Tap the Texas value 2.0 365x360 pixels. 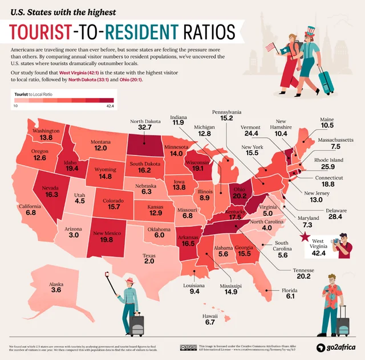coord(149,261)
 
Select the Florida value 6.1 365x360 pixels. coord(290,297)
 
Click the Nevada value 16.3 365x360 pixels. coord(52,195)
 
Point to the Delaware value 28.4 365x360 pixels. coord(336,217)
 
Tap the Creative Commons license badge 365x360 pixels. coord(187,347)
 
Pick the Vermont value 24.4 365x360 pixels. coord(252,133)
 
